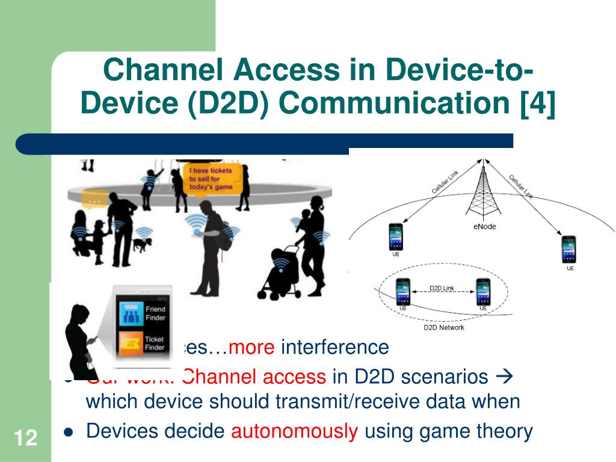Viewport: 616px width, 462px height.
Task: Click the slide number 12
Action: point(25,437)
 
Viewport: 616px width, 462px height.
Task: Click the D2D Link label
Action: point(442,288)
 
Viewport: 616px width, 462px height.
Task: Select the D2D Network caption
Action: point(443,327)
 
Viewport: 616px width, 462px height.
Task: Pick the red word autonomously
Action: point(295,431)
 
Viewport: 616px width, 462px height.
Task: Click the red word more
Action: point(252,347)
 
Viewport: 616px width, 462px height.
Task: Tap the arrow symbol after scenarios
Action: point(502,377)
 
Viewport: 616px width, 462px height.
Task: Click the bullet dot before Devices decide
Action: point(68,432)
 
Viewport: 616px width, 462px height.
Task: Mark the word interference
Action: point(335,347)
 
